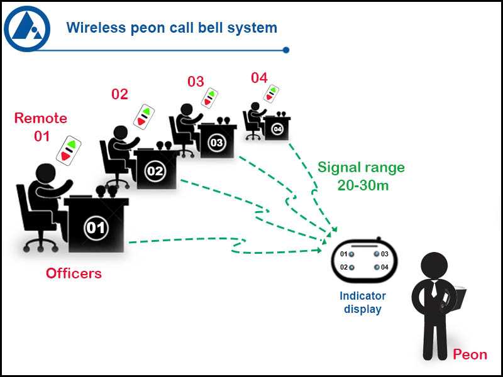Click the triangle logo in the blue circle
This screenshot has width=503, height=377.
click(x=27, y=28)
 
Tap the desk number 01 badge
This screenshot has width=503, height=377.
click(x=96, y=227)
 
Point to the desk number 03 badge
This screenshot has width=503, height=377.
click(x=216, y=143)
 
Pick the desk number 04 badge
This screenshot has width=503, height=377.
click(x=277, y=129)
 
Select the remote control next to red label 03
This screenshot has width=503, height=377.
click(x=209, y=99)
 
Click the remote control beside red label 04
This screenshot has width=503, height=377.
click(x=271, y=94)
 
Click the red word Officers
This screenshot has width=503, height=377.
click(x=74, y=273)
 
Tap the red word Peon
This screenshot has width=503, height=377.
click(x=470, y=354)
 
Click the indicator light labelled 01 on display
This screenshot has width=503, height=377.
click(x=352, y=254)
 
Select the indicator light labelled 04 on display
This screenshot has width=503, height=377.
click(x=376, y=268)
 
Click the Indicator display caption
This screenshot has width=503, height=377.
click(x=363, y=302)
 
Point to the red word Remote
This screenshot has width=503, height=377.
click(x=40, y=118)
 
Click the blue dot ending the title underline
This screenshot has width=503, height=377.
click(x=286, y=50)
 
